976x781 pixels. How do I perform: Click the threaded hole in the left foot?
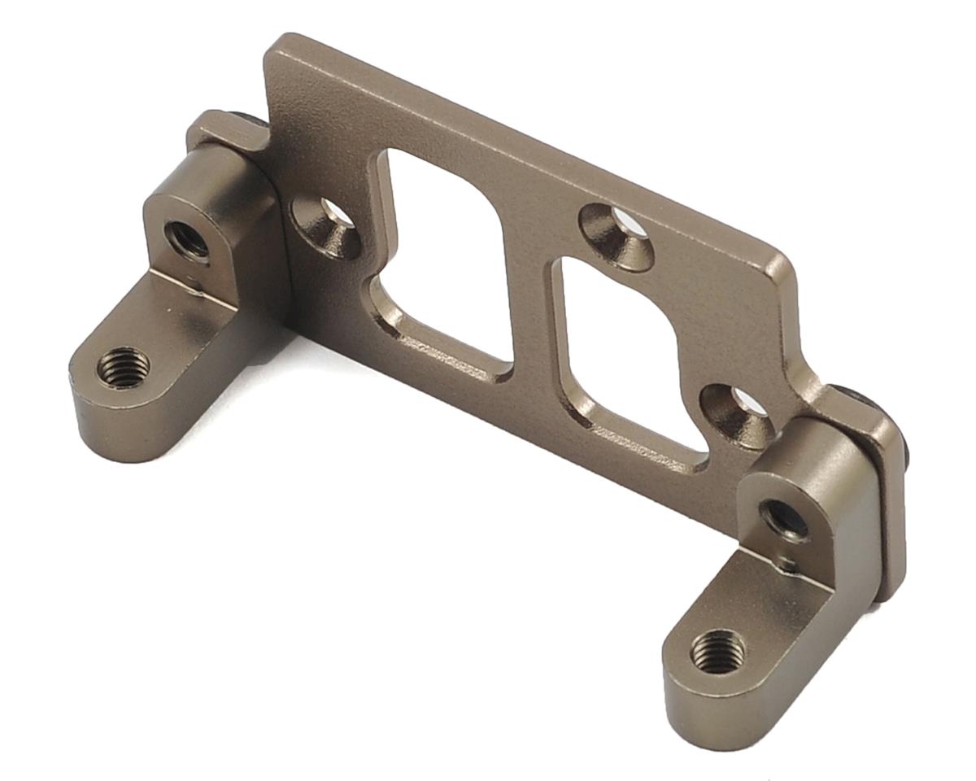pyautogui.click(x=123, y=368)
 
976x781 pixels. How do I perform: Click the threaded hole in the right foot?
pyautogui.click(x=717, y=652)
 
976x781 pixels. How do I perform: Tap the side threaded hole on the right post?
pyautogui.click(x=784, y=519)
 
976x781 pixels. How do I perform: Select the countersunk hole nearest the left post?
pyautogui.click(x=329, y=225)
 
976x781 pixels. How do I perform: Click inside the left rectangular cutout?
pyautogui.click(x=443, y=244)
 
